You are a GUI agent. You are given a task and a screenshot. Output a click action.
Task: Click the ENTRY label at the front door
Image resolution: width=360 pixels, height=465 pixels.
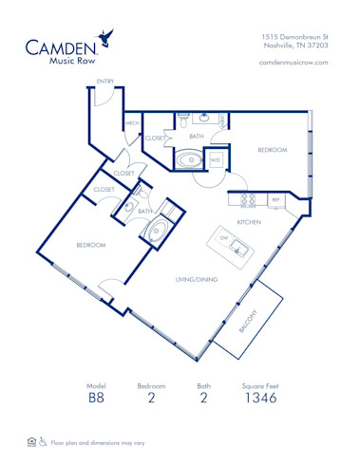tap(104, 82)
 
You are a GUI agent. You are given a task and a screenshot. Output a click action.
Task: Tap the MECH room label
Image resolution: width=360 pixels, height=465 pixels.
tap(132, 123)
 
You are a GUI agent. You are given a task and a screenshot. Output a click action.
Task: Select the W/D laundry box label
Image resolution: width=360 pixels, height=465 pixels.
tap(215, 159)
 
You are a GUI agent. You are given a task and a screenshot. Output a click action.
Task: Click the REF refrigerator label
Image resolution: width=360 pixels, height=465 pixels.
tap(275, 200)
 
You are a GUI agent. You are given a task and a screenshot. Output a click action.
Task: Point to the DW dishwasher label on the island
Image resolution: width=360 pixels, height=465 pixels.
tap(224, 239)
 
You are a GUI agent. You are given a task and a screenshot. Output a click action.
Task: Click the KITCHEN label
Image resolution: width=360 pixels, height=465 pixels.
tap(249, 221)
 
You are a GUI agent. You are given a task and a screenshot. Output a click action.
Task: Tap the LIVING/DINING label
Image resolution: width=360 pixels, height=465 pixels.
tap(197, 279)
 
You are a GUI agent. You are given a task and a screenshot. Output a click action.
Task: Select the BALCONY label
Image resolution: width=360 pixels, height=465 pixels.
tap(250, 329)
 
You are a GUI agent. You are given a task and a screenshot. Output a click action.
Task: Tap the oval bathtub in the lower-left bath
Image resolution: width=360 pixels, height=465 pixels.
tap(157, 231)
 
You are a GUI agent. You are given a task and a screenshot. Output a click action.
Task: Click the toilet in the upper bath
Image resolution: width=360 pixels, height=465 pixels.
tap(182, 121)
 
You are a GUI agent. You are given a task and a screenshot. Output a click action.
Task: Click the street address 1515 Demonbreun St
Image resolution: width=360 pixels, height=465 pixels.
tap(294, 35)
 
